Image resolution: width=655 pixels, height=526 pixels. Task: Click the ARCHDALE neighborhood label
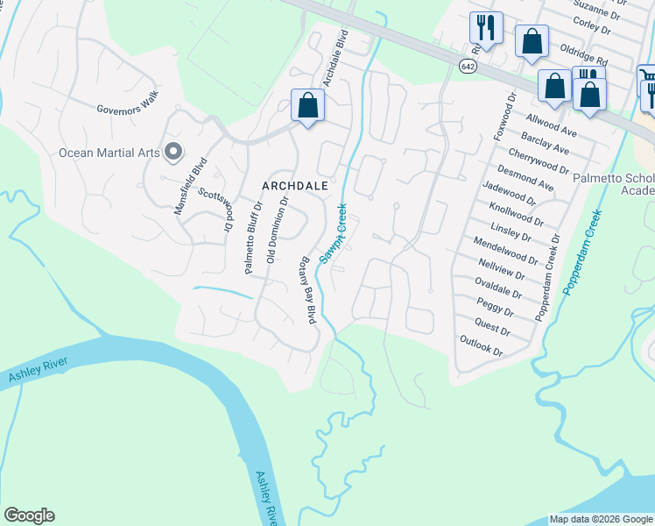[294, 186]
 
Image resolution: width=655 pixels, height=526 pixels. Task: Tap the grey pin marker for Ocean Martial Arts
[173, 153]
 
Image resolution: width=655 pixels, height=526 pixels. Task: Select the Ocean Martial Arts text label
[109, 153]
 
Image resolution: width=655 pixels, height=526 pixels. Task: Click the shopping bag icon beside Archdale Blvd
[307, 107]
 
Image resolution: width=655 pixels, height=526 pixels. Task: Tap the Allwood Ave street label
[551, 124]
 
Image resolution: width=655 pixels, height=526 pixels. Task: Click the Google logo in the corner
[29, 515]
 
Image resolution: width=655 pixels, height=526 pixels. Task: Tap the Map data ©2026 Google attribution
[600, 519]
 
